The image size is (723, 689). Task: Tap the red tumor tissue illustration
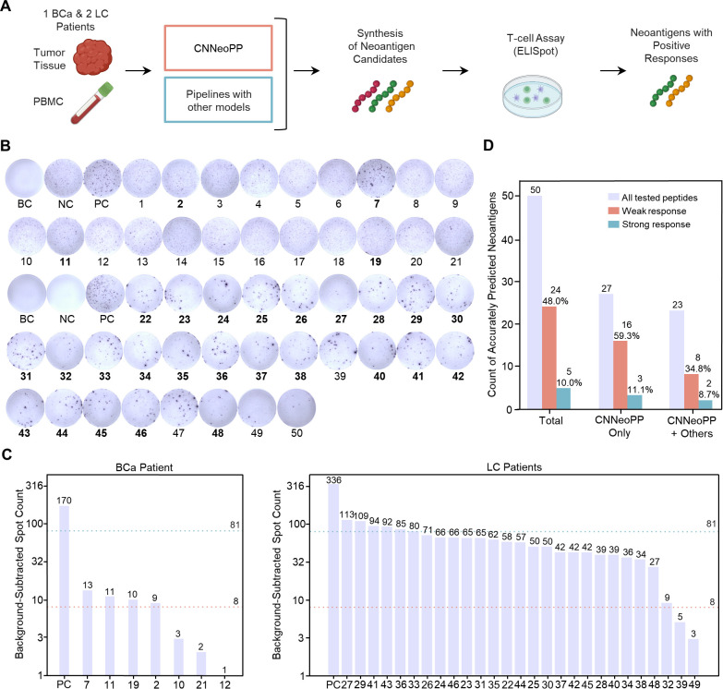click(x=92, y=57)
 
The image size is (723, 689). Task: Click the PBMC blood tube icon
click(x=91, y=103)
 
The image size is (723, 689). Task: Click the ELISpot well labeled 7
click(x=376, y=178)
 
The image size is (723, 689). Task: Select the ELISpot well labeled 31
click(x=26, y=350)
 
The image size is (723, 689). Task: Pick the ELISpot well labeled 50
click(x=296, y=407)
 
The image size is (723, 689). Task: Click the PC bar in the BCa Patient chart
click(x=64, y=590)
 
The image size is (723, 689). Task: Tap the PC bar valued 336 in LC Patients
click(x=333, y=580)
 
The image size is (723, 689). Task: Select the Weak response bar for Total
click(x=548, y=357)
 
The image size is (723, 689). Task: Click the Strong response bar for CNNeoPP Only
click(x=634, y=402)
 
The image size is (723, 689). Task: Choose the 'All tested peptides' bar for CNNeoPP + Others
click(x=677, y=359)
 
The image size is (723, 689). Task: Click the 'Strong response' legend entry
click(x=649, y=224)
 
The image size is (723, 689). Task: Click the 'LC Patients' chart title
click(x=514, y=467)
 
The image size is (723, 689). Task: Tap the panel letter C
click(x=6, y=454)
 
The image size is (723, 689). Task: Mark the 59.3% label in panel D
click(x=626, y=336)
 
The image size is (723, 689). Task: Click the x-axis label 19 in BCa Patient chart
click(x=133, y=684)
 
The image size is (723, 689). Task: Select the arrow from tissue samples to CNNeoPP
click(x=139, y=70)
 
